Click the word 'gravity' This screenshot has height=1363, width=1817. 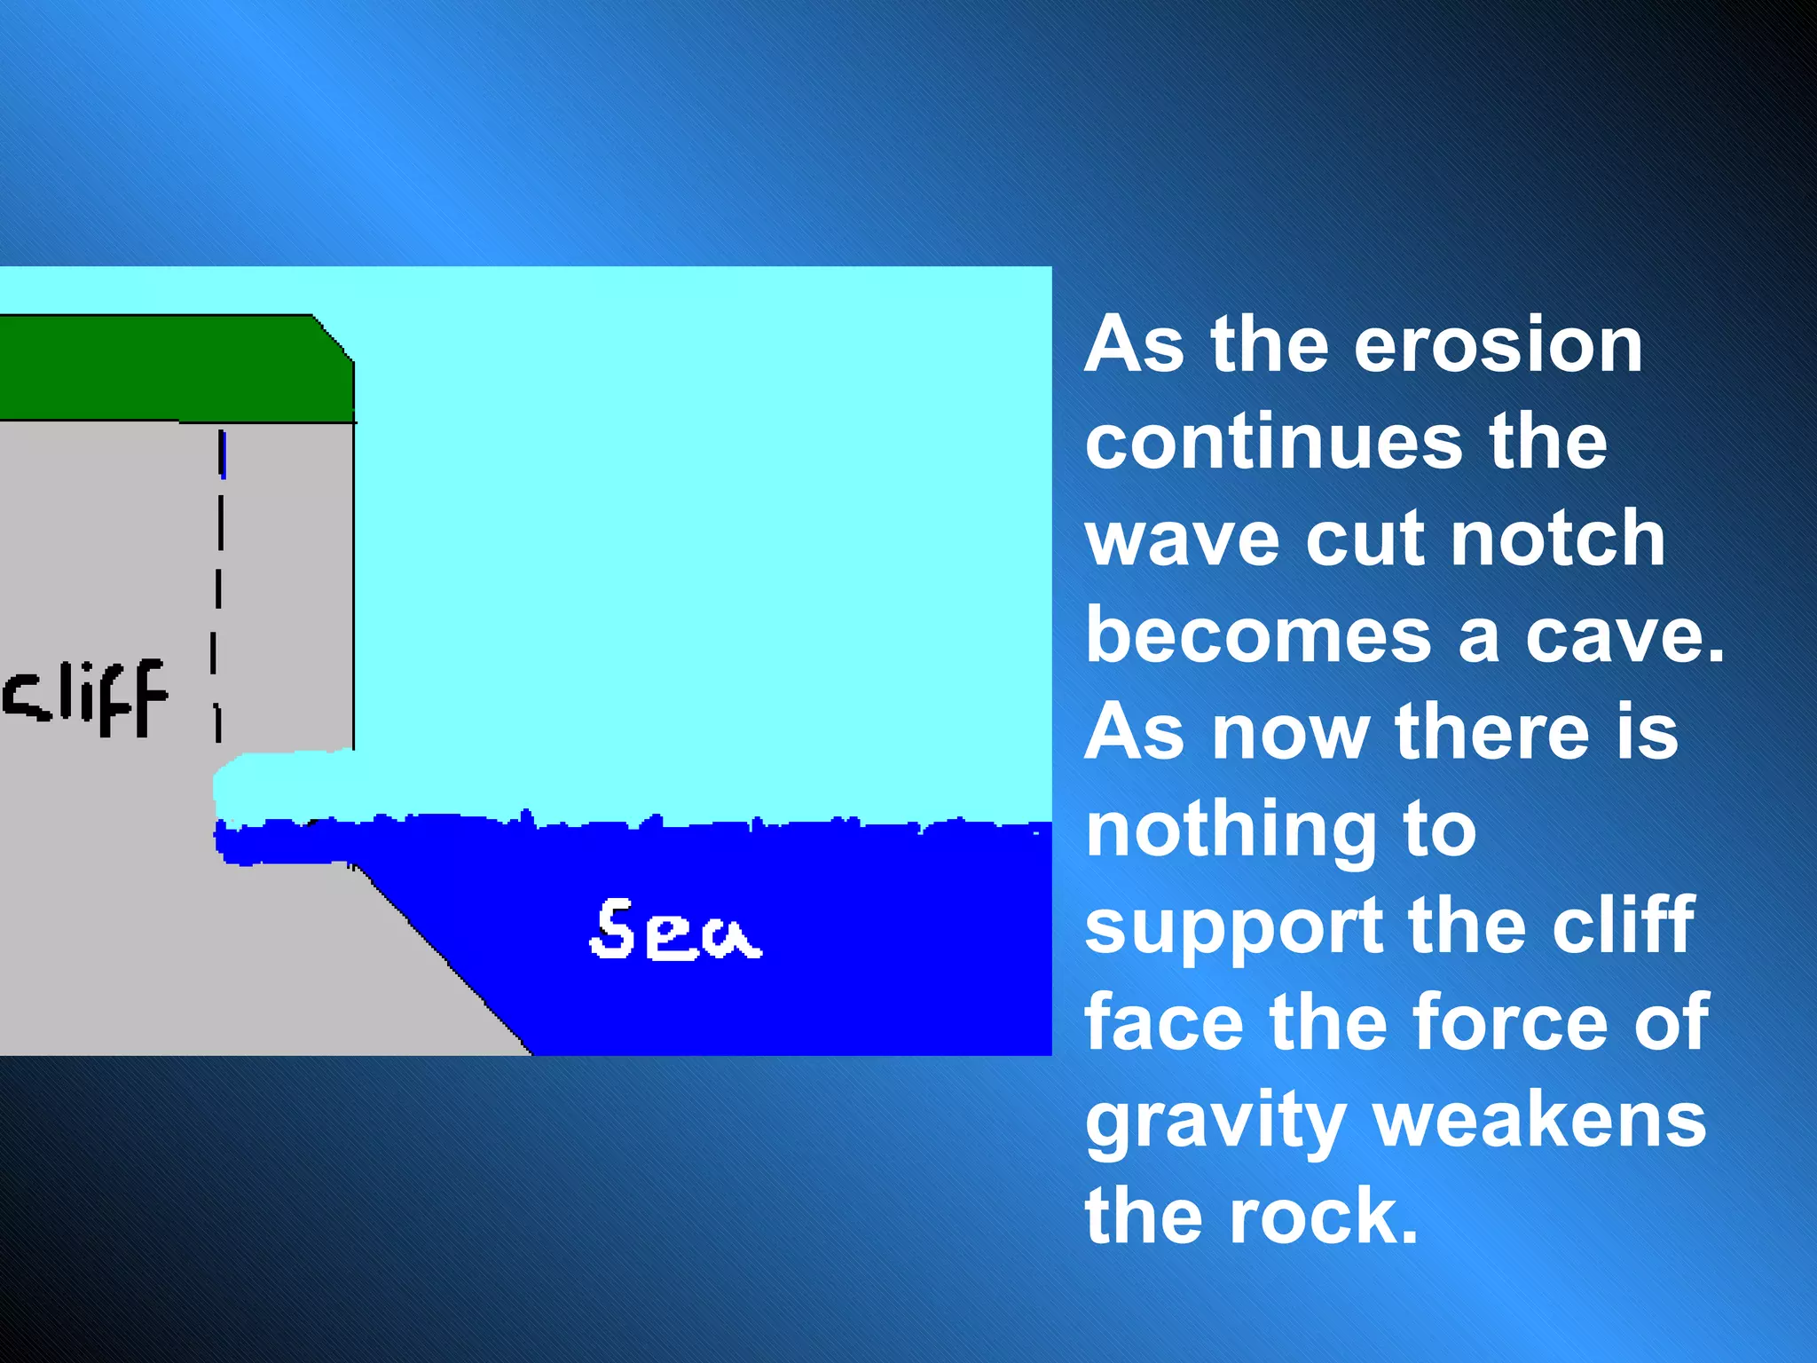pos(1215,1123)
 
